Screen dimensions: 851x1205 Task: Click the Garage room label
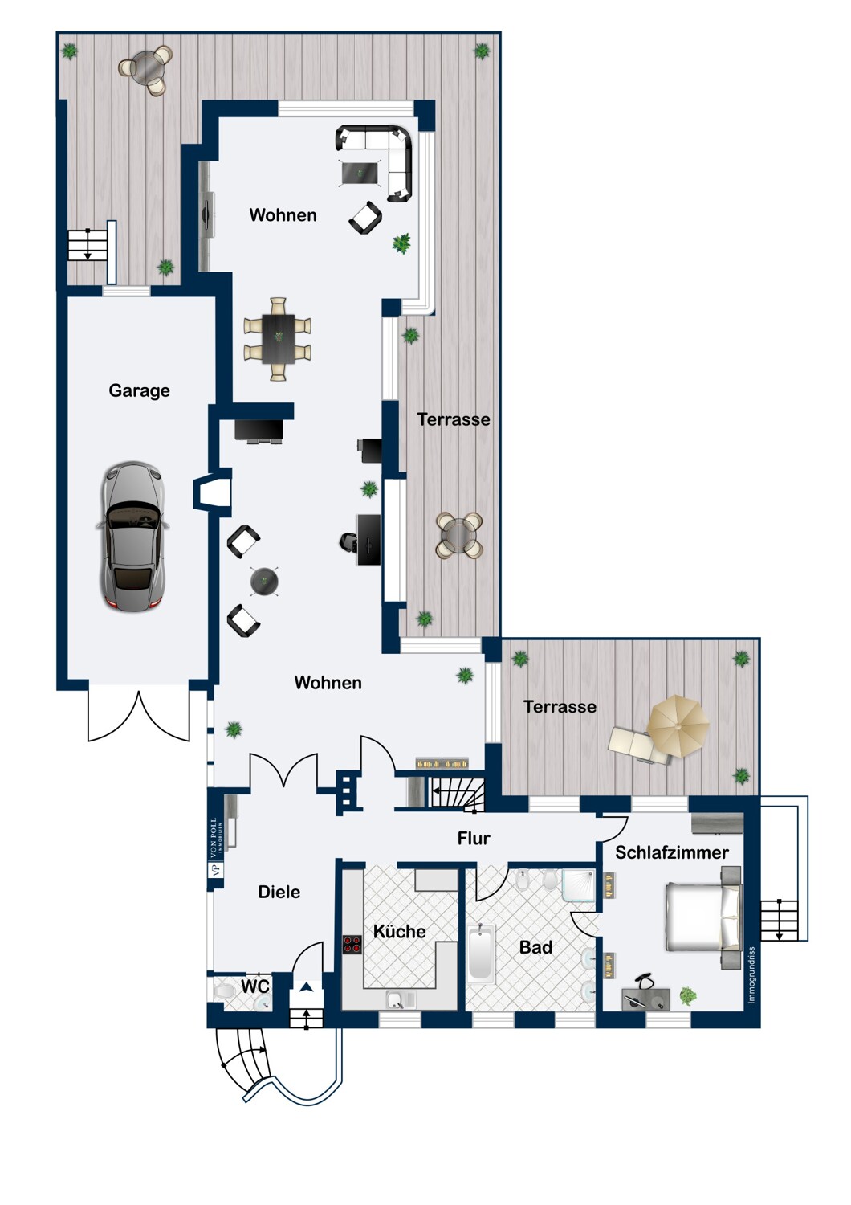139,390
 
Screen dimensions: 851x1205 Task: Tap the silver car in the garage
132,537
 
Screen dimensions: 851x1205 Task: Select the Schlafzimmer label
672,852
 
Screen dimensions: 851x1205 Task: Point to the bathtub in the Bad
482,954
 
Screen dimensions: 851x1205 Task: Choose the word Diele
279,893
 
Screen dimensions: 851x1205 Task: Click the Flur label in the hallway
474,839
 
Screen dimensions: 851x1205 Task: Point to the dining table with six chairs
278,340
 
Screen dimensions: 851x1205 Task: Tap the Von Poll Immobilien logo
215,848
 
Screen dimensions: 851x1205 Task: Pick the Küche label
400,931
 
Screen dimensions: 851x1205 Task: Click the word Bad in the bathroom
536,947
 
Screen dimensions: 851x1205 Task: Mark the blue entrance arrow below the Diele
307,986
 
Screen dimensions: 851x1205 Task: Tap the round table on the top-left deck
145,67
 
